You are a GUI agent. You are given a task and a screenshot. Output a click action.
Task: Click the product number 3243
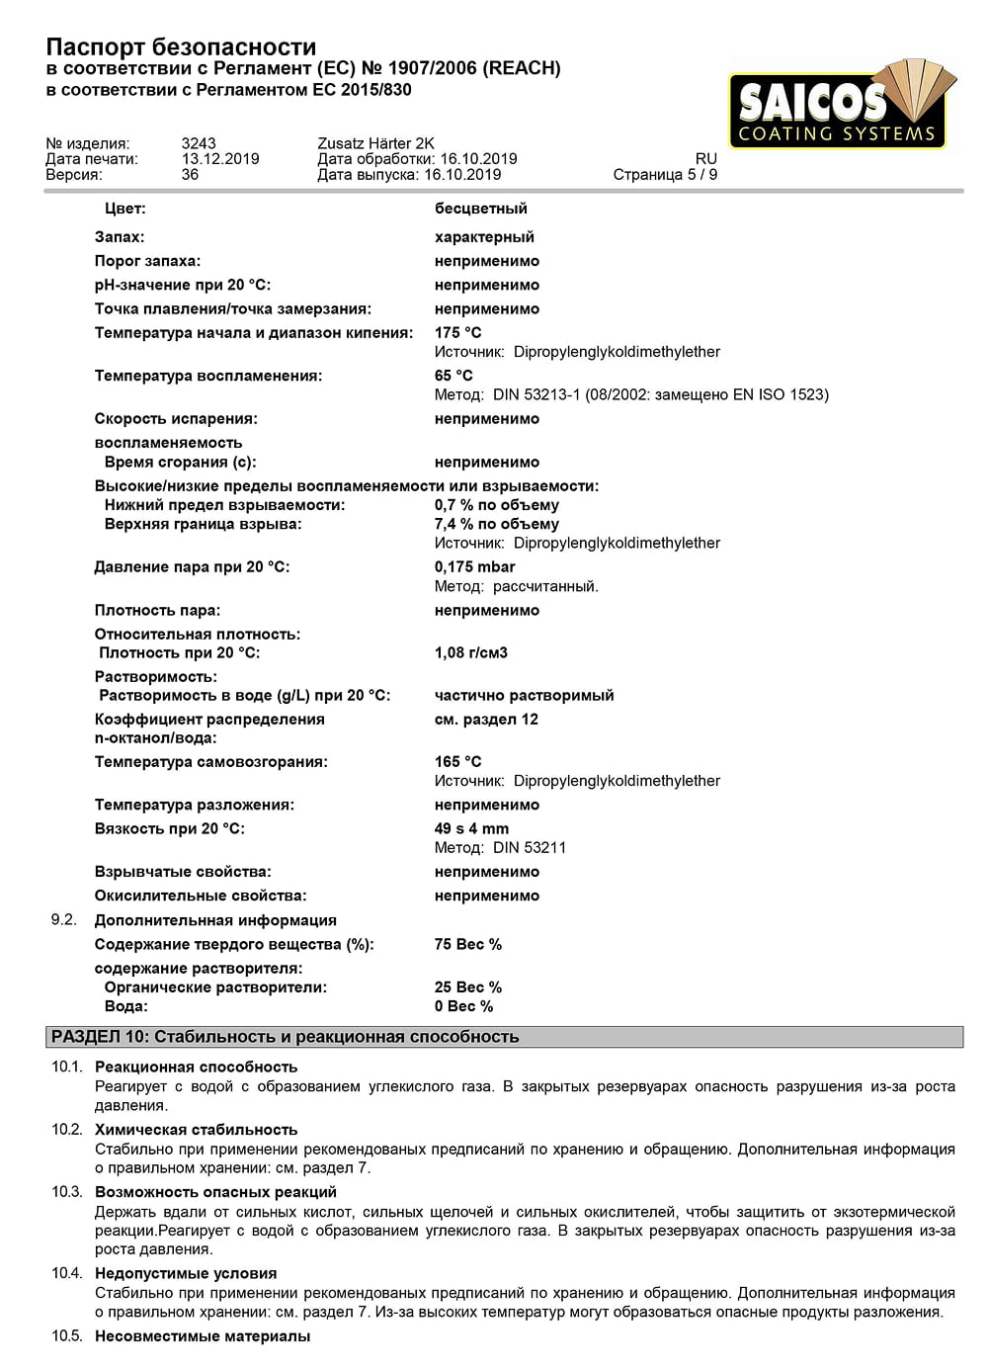click(199, 143)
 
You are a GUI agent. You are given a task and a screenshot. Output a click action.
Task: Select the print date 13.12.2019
click(220, 159)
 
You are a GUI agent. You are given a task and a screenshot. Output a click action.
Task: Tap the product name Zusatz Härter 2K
click(375, 143)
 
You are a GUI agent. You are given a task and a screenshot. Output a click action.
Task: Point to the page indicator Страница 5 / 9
click(665, 175)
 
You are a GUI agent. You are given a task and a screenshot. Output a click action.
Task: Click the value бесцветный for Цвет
click(481, 209)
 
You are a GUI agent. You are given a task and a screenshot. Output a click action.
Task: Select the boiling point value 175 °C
click(458, 333)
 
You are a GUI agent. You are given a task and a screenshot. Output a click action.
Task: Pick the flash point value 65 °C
click(453, 376)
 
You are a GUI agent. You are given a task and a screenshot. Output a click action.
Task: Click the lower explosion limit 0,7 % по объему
click(497, 505)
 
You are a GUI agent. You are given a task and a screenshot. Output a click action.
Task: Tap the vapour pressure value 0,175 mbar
click(475, 567)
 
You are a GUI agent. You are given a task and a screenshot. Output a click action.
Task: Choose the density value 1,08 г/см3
click(471, 653)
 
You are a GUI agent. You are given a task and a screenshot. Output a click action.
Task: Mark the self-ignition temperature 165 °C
click(458, 762)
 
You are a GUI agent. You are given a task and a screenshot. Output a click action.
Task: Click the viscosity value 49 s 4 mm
click(472, 829)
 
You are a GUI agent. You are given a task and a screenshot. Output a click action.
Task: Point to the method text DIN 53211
click(530, 848)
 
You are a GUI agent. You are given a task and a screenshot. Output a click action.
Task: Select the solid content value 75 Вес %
click(468, 945)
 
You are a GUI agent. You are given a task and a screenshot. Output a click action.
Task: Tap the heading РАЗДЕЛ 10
click(285, 1037)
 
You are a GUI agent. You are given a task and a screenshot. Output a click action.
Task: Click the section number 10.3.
click(67, 1192)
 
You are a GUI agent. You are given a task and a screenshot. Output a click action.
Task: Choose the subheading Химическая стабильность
click(196, 1130)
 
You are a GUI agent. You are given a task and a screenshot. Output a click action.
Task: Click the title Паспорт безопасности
click(181, 46)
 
